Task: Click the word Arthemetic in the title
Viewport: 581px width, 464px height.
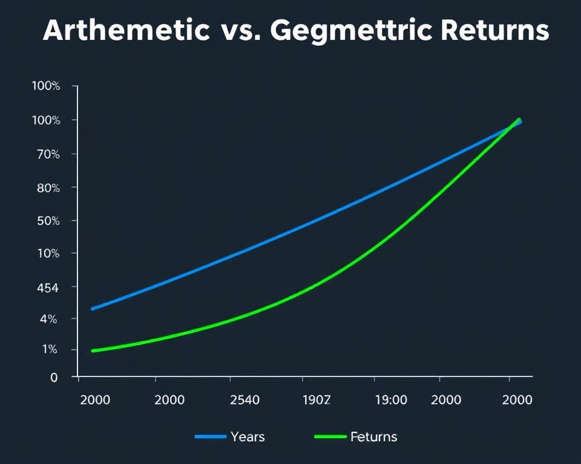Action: coord(126,31)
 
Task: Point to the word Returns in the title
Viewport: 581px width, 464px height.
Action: coord(496,31)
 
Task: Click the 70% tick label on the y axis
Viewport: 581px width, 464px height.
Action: coord(47,154)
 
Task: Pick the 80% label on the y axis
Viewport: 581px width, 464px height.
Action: coord(47,187)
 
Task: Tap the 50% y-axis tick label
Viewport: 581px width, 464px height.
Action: coord(47,221)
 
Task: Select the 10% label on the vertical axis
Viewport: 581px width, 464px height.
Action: coord(47,253)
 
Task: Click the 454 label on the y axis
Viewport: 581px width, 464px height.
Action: coord(47,288)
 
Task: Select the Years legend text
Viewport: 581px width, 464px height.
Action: coord(248,437)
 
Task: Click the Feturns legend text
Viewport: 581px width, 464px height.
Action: coord(373,437)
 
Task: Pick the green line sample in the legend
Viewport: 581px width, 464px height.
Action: coord(330,437)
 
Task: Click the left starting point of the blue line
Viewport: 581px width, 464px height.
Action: coord(93,309)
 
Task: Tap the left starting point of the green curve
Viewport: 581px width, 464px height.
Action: coord(93,350)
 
